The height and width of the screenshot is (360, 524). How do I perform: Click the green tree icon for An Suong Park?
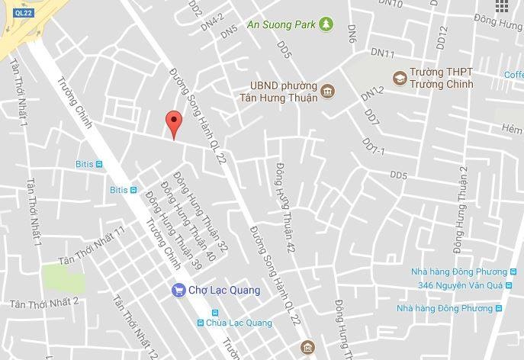pos(326,24)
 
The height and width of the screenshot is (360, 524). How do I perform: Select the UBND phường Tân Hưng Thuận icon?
pos(328,92)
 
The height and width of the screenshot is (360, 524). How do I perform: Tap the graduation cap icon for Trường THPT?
pos(399,77)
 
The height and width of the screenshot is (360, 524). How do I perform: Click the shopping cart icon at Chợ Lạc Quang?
pos(178,290)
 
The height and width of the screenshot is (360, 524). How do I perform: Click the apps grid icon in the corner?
pos(501,7)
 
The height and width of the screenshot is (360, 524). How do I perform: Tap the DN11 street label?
pos(382,53)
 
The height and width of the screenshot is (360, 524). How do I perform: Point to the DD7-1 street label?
pos(374,146)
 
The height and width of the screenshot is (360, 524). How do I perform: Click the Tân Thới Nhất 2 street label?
pos(44,303)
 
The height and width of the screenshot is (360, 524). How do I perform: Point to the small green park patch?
pos(63,277)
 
